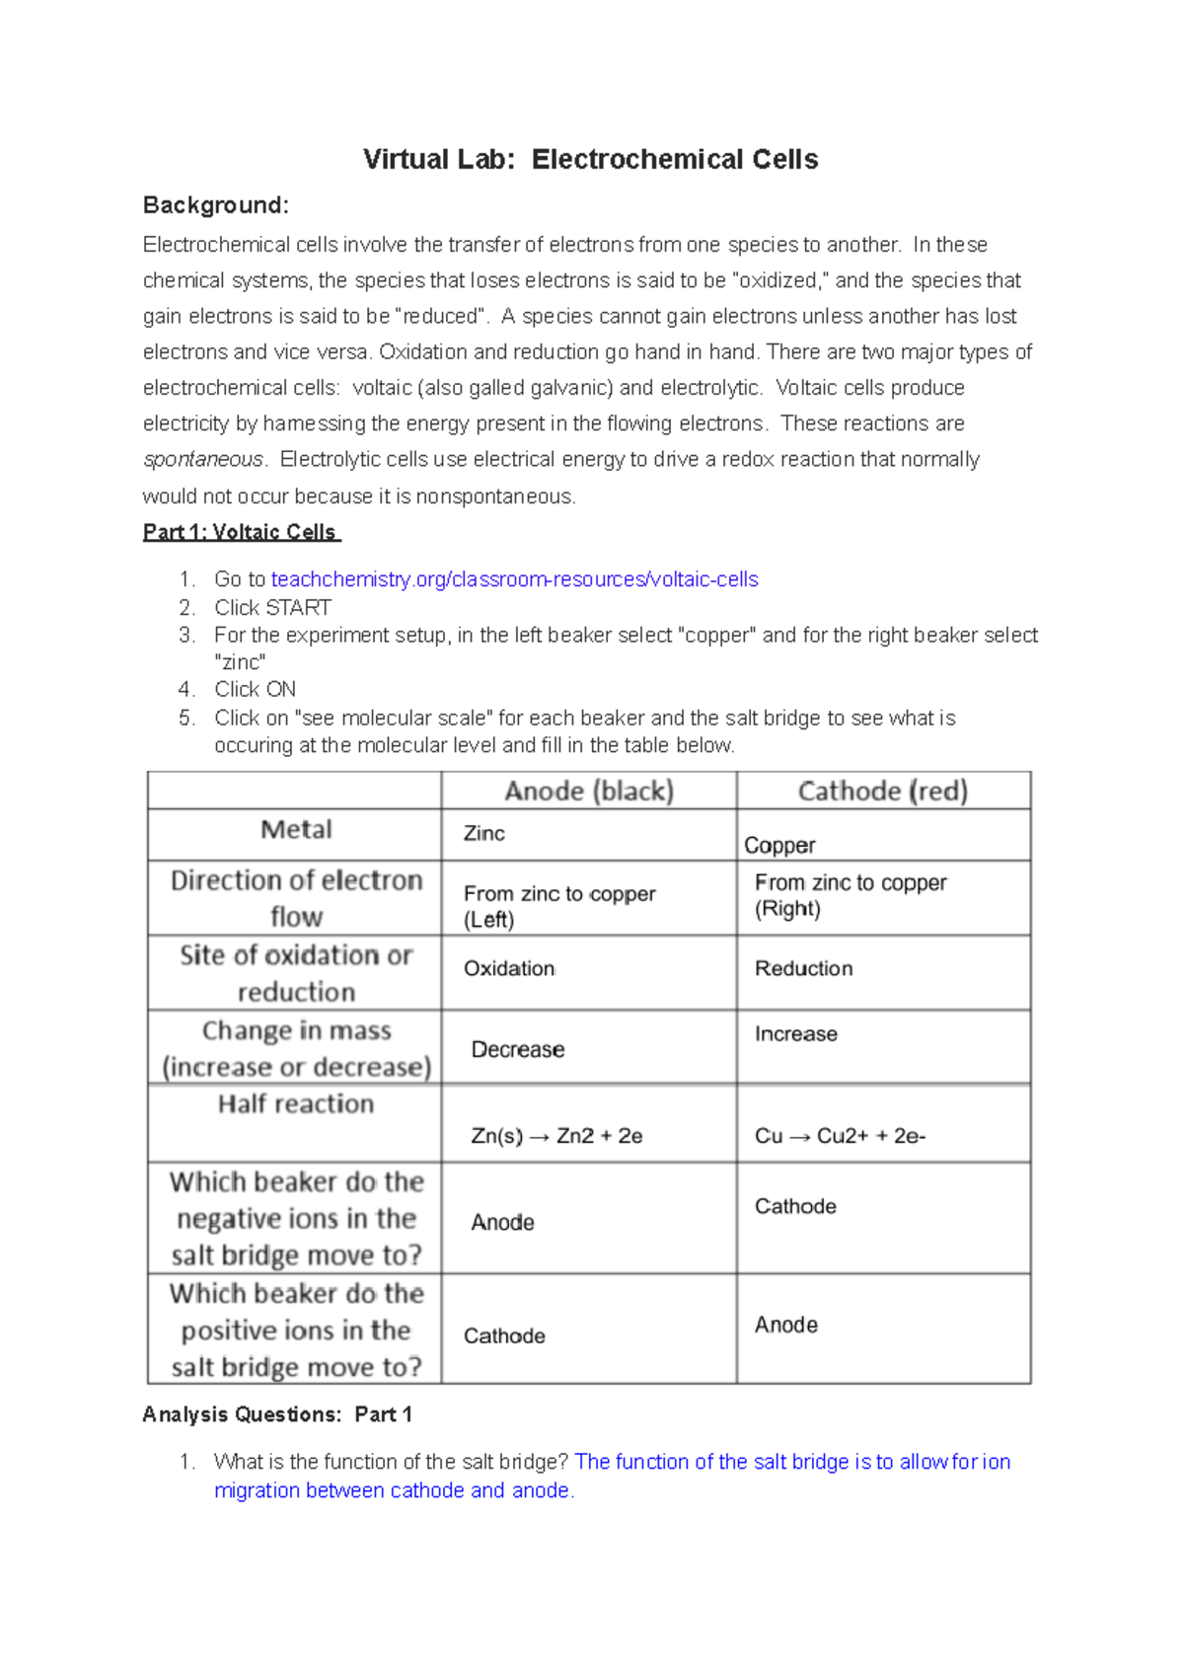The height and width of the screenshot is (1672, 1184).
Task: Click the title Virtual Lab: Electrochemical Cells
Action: coord(590,160)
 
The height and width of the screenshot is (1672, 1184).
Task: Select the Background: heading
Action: coord(216,205)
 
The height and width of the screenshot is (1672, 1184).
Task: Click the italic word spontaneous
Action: coord(203,460)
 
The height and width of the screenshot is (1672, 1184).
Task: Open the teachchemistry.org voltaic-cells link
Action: coord(514,579)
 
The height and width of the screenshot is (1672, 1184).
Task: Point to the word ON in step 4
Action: coord(281,690)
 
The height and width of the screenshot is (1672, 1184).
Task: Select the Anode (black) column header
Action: coord(589,792)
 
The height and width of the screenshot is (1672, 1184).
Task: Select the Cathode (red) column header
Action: coord(883,792)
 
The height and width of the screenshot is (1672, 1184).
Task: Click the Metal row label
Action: coord(296,830)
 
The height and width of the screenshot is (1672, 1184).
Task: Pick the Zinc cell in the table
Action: coord(484,834)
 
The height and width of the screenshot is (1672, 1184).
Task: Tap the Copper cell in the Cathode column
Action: coord(779,846)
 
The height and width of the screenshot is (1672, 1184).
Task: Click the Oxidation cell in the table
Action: coord(509,969)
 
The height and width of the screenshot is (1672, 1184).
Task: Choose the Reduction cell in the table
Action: coord(804,969)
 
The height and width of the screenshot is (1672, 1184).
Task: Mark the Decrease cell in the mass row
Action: coord(518,1050)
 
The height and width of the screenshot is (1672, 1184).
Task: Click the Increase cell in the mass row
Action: coord(796,1034)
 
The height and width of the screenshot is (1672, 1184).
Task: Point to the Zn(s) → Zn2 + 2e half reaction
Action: coord(556,1136)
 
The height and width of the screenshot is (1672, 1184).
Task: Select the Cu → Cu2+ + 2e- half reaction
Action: coord(840,1136)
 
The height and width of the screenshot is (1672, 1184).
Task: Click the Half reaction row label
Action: coord(296,1104)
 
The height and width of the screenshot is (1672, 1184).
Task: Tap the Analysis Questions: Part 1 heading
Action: coord(277,1414)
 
